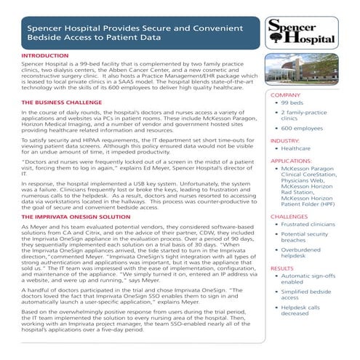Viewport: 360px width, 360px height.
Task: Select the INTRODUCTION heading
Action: point(46,55)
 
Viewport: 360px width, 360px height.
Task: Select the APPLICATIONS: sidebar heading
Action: point(292,159)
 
